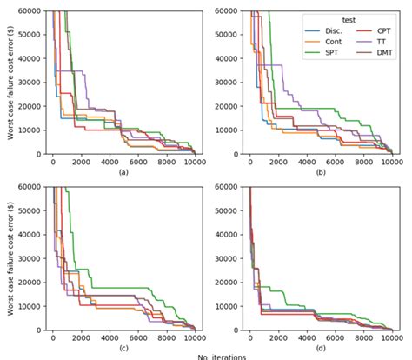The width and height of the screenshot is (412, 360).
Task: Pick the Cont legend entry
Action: [330, 43]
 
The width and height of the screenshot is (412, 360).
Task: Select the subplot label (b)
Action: [319, 173]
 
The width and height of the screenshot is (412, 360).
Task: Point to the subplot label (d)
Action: [319, 348]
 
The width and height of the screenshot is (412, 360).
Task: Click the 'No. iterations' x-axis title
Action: [222, 357]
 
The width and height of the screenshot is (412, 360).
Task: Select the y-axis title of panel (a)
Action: [10, 83]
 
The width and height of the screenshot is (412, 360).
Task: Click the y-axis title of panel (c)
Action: [10, 258]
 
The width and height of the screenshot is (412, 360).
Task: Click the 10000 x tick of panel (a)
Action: [195, 163]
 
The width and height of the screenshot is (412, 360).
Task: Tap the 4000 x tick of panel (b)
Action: [306, 163]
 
